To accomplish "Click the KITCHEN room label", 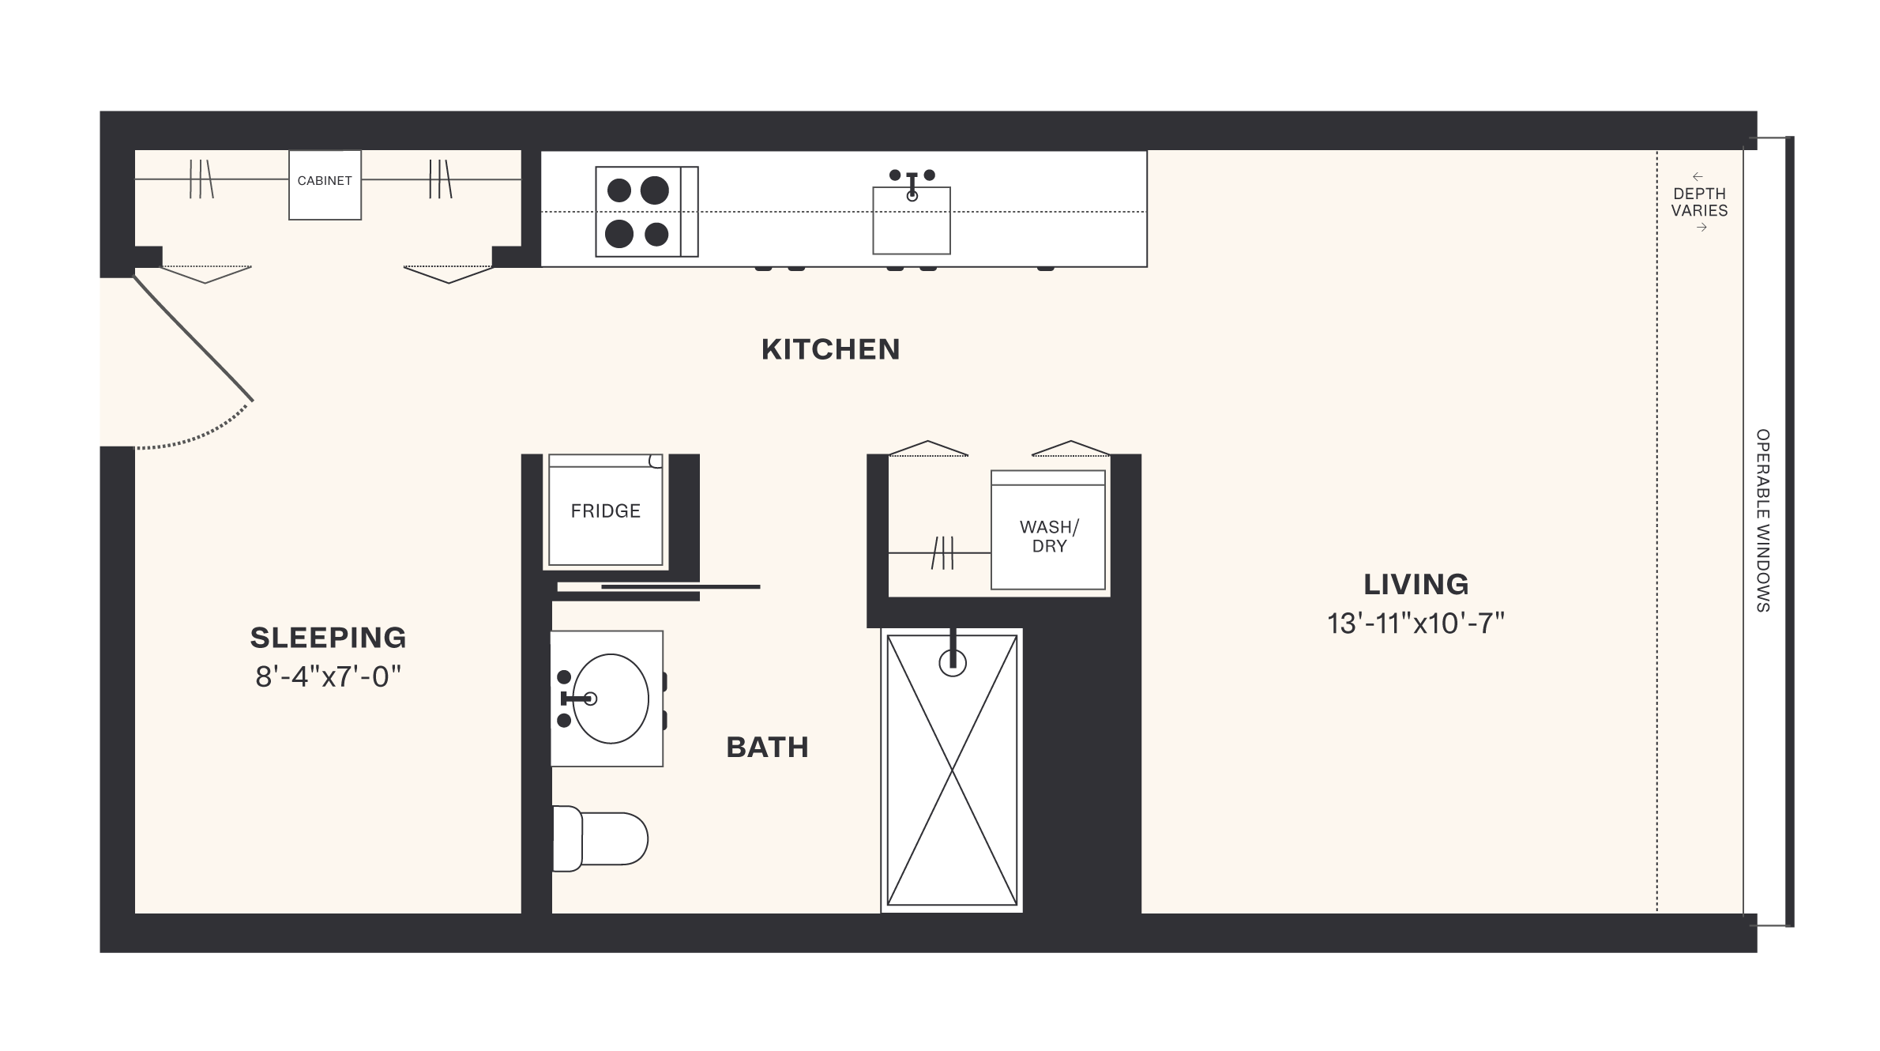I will tap(830, 349).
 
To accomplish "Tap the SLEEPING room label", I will tap(328, 637).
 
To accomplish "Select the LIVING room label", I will tap(1416, 585).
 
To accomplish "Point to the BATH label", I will tap(767, 748).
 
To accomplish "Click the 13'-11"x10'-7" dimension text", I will tap(1416, 624).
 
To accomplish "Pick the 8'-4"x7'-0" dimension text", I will tap(328, 677).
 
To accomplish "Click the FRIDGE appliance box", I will tap(605, 511).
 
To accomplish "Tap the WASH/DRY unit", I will tap(1048, 536).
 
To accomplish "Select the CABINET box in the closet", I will tap(325, 184).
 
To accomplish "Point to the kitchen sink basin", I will tap(911, 220).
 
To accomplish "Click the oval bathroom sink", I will tap(610, 699).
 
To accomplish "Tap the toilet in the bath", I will tap(600, 838).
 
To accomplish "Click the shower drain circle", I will tap(953, 663).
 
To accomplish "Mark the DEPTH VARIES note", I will tap(1699, 202).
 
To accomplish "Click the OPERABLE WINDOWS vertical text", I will tap(1762, 521).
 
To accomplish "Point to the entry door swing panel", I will tap(194, 338).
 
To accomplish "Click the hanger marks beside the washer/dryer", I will tap(942, 552).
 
